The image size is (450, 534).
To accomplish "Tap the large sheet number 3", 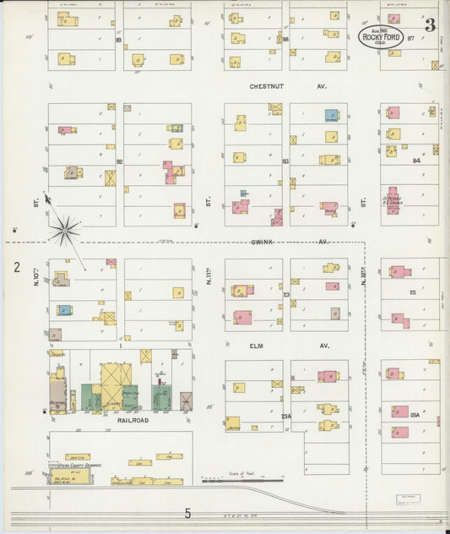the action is (430, 25).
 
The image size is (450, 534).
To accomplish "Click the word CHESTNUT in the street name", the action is (267, 86).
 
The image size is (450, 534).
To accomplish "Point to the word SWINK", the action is (263, 241).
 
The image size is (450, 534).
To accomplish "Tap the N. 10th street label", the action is (37, 274).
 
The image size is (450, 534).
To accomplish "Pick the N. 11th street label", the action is (208, 274).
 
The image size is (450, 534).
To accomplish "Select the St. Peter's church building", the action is (393, 200).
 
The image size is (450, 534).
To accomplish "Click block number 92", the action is (120, 160).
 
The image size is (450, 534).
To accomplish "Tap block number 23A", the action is (286, 416).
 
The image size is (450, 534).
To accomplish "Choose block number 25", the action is (413, 292).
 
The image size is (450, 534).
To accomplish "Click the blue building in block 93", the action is (331, 116).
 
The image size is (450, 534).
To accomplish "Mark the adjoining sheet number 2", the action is (16, 268).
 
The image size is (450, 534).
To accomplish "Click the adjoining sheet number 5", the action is (187, 513).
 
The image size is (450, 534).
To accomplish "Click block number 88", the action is (285, 39).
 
